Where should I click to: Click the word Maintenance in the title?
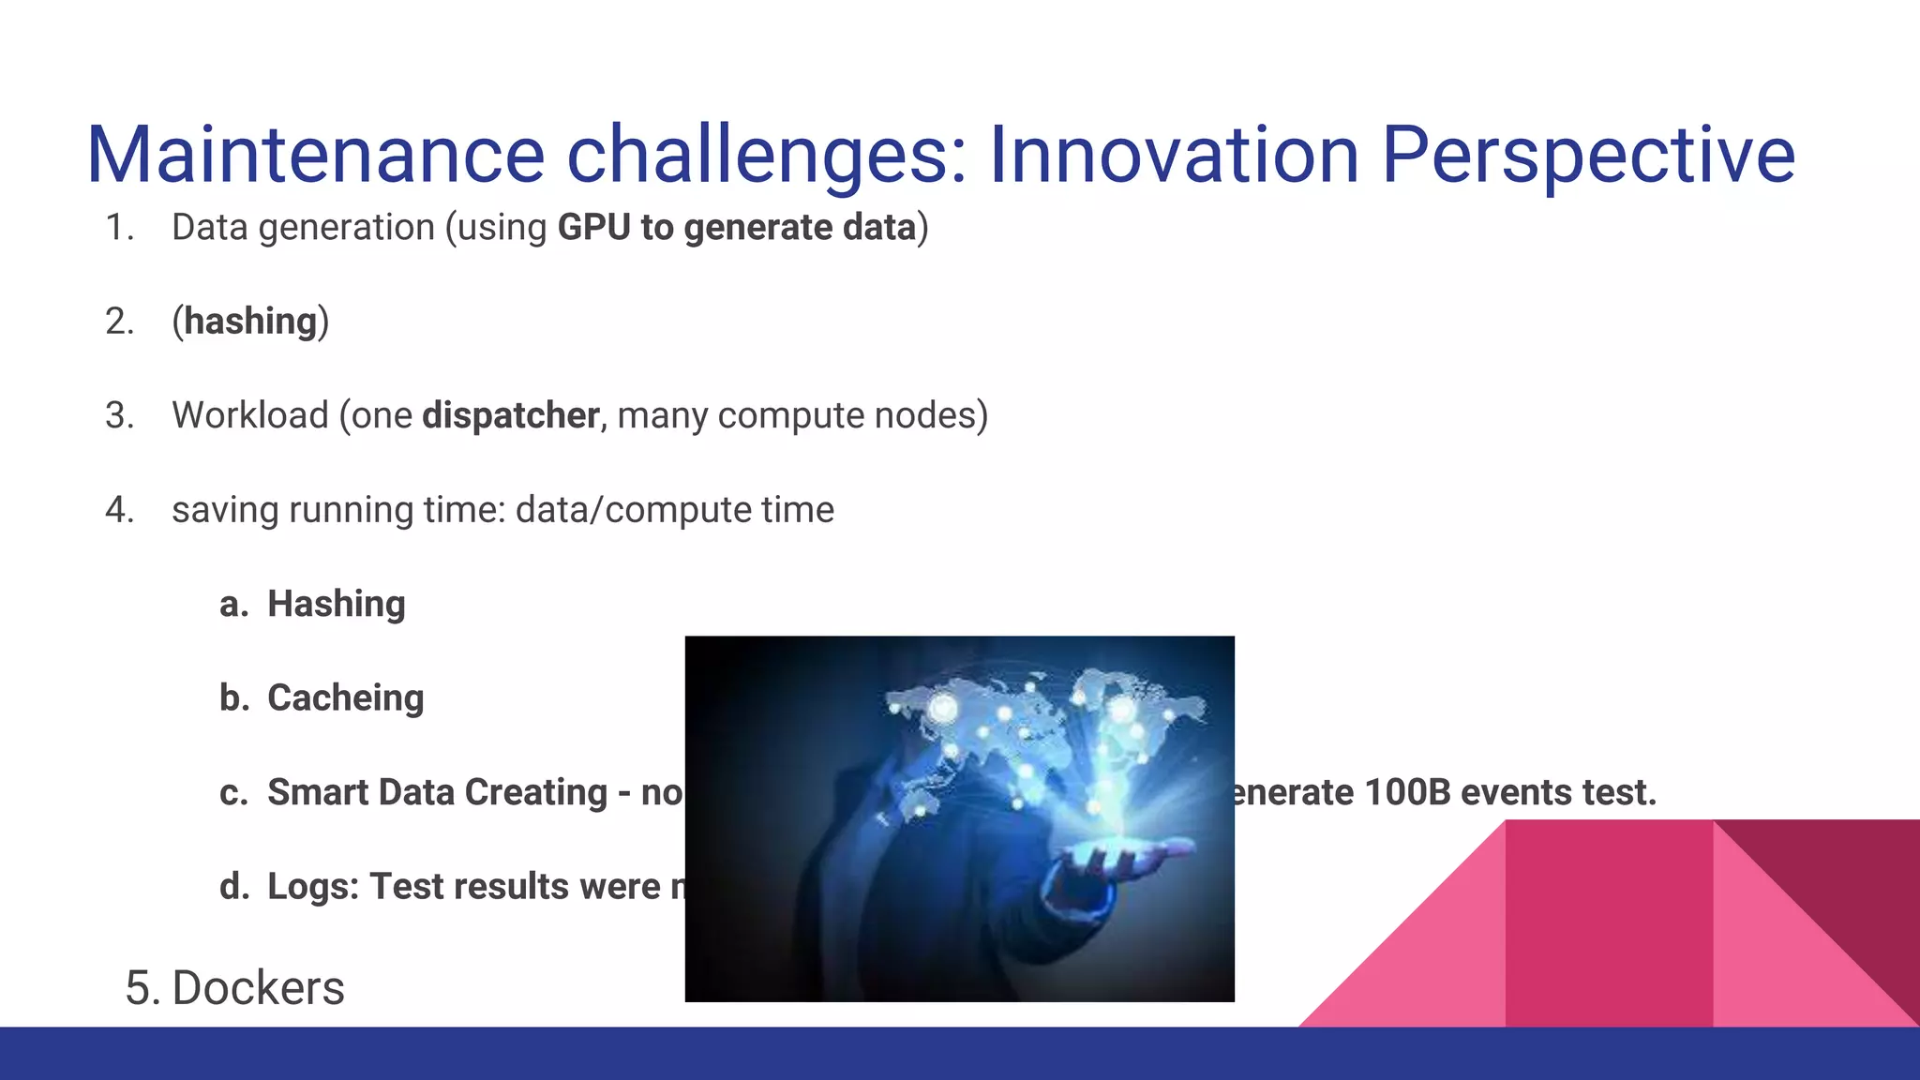click(x=316, y=155)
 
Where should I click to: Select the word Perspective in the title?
click(x=1588, y=155)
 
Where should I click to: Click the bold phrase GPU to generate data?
click(x=736, y=228)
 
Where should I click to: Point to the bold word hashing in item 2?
click(x=250, y=322)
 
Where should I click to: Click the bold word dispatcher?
click(x=511, y=415)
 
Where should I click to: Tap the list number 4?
click(x=119, y=510)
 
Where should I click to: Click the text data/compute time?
click(x=674, y=510)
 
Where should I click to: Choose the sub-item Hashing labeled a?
click(x=336, y=604)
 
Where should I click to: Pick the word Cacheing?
click(x=345, y=698)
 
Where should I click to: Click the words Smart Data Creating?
click(x=437, y=792)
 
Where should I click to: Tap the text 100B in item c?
click(x=1406, y=792)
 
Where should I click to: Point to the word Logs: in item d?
click(x=313, y=887)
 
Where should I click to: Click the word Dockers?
click(x=258, y=988)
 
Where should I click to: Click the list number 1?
click(x=118, y=228)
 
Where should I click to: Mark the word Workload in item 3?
click(x=249, y=415)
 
